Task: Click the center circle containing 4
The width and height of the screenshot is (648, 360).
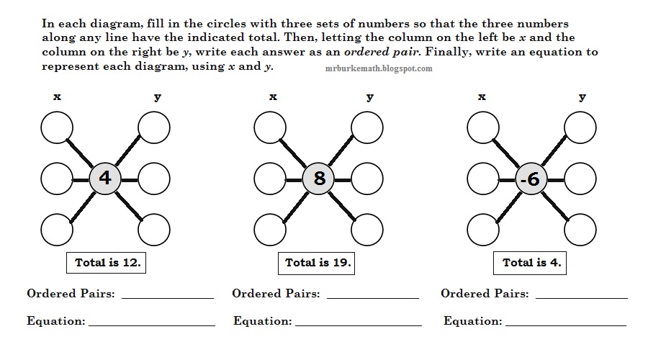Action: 105,178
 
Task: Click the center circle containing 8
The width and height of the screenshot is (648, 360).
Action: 318,178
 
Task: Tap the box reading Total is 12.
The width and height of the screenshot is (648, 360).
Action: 107,263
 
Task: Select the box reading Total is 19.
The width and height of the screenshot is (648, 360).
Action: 318,263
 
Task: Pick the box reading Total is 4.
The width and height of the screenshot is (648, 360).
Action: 531,263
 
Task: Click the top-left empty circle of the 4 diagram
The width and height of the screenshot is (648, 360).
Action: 57,128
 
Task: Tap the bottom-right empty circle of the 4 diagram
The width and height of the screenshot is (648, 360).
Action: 154,230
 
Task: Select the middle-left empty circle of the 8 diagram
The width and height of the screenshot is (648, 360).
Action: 270,179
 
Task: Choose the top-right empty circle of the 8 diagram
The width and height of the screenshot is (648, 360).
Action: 367,128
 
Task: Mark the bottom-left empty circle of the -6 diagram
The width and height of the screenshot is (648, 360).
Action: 483,230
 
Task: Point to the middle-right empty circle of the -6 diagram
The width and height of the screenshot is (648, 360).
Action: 580,179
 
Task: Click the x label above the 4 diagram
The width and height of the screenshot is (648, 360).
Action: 57,97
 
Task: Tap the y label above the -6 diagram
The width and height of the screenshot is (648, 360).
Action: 582,97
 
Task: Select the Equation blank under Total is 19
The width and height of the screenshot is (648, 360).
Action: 358,323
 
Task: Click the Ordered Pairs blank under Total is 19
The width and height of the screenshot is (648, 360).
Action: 374,295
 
